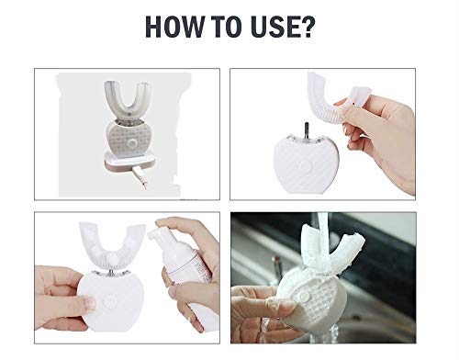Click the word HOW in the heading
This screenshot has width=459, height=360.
coord(174,27)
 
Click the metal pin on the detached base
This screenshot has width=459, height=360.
coord(307,130)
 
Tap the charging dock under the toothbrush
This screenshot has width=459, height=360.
coord(129,162)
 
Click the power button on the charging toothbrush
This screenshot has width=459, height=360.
coord(132,143)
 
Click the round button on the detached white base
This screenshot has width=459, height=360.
coord(305,167)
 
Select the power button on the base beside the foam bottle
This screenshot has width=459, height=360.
coord(108,302)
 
